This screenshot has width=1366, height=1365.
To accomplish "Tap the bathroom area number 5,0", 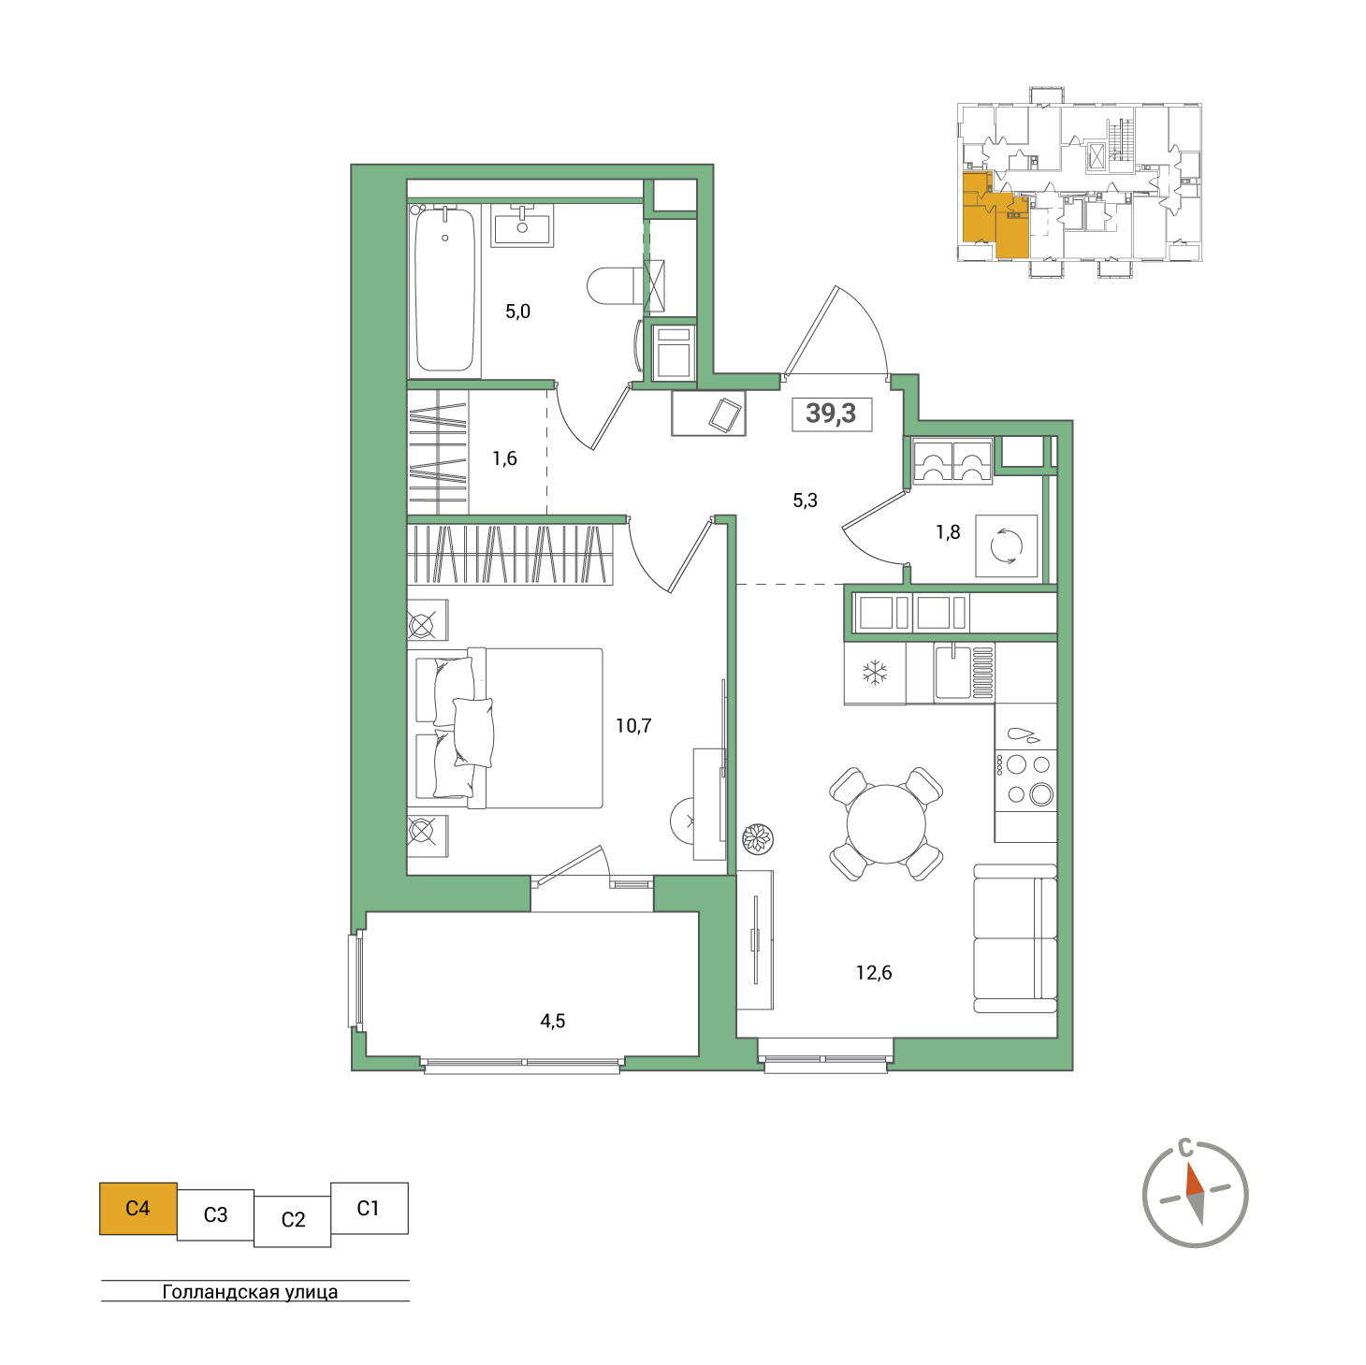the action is [517, 312].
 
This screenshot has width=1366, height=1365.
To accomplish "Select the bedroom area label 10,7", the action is [633, 725].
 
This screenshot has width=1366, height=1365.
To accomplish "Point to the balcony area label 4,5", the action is [552, 1021].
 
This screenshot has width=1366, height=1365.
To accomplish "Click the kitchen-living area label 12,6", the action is [873, 972].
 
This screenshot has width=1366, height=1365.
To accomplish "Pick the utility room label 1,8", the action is [948, 531].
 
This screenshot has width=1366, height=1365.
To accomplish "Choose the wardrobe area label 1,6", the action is [504, 458].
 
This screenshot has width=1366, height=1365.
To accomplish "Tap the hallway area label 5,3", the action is [805, 500].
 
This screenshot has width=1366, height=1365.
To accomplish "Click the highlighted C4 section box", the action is [138, 1208].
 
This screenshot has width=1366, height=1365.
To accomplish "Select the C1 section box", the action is [370, 1208].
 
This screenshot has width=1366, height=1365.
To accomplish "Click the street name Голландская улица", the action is [250, 1291].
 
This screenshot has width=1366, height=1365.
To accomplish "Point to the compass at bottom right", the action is [1195, 1194].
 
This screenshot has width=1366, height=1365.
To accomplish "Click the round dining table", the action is [886, 824].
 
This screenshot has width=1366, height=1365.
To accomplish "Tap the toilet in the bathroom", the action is [616, 285].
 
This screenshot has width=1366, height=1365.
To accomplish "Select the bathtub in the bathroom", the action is [444, 290].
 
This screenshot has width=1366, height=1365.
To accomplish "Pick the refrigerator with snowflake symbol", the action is [875, 673].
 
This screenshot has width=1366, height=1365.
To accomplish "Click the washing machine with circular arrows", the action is [1006, 545].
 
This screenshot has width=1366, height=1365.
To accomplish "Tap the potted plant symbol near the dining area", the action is [757, 838].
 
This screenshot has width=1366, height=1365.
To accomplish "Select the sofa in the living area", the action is [1015, 938].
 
